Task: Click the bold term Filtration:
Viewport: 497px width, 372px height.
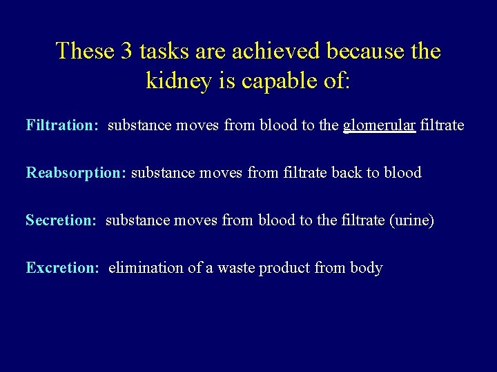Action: coord(63,126)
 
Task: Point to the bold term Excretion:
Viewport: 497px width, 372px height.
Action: coord(63,268)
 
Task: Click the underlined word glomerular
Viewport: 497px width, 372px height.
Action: coord(379,126)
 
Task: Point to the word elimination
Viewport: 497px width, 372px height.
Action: coord(146,268)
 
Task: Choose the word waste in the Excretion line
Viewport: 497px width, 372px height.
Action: coord(235,268)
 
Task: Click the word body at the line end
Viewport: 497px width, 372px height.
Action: coord(367,268)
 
